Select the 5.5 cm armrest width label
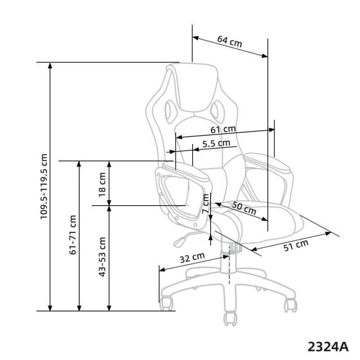click(x=216, y=144)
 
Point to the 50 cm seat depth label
click(x=244, y=208)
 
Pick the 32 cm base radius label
click(x=192, y=258)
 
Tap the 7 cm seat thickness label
click(x=206, y=204)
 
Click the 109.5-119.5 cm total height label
click(x=44, y=187)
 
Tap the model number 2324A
click(x=328, y=346)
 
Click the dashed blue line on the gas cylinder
click(x=229, y=265)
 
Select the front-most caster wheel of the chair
click(x=230, y=319)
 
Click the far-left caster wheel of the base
click(x=167, y=303)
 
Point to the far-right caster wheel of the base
click(x=291, y=305)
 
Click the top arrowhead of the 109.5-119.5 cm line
click(x=50, y=66)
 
